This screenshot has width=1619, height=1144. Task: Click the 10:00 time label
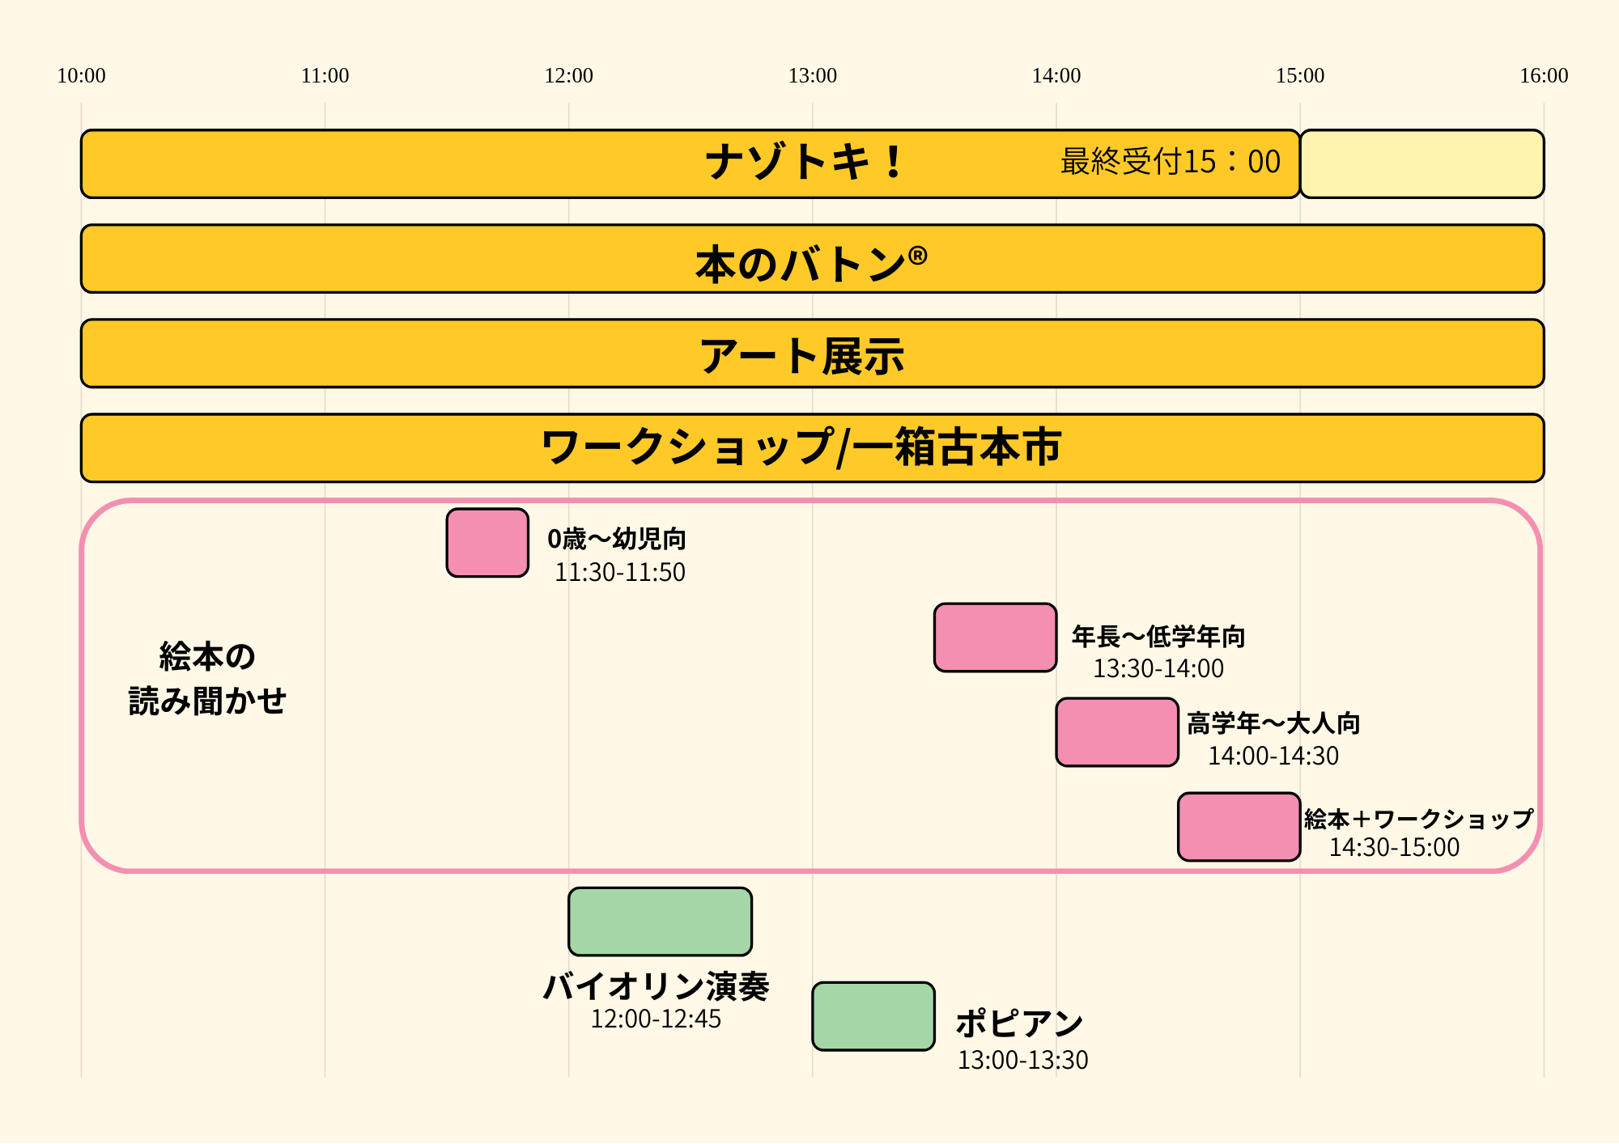pos(81,76)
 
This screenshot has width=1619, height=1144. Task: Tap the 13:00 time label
pos(813,76)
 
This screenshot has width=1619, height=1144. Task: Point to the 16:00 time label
pos(1544,76)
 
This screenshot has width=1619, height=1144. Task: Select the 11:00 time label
pos(325,76)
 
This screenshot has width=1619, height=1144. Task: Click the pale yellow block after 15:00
pos(1421,163)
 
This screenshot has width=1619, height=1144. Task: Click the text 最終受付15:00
pos(1171,162)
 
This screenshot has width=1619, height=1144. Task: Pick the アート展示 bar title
pos(802,356)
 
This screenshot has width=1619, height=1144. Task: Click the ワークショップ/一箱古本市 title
pos(801,447)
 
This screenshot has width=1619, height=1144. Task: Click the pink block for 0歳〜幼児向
pos(487,543)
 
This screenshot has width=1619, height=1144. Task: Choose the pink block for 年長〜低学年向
pos(995,638)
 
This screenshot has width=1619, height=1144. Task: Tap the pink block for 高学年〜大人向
pos(1117,732)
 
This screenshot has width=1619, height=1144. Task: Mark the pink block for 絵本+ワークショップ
pos(1239,827)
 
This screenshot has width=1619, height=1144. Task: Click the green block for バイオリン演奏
pos(660,922)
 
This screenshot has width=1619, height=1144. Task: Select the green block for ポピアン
pos(873,1016)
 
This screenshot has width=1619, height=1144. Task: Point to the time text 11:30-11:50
pos(620,573)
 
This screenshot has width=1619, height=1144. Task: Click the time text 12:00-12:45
pos(656,1019)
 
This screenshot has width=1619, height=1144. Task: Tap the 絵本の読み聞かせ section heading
pos(207,678)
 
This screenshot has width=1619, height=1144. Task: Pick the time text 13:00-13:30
pos(1023,1060)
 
